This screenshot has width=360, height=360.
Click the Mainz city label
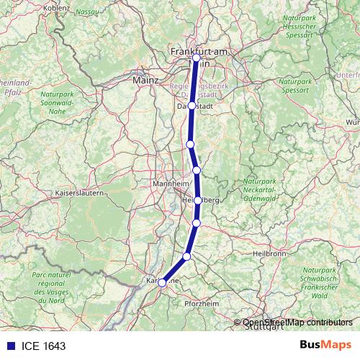click(145, 81)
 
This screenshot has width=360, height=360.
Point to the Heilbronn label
click(271, 253)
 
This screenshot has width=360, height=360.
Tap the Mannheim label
click(170, 185)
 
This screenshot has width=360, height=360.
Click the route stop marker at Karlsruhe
click(163, 282)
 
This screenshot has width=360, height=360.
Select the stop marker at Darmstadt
click(192, 106)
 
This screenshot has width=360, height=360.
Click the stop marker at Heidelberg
click(197, 200)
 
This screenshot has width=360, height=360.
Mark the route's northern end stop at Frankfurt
click(196, 57)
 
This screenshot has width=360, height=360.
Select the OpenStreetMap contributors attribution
click(297, 322)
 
